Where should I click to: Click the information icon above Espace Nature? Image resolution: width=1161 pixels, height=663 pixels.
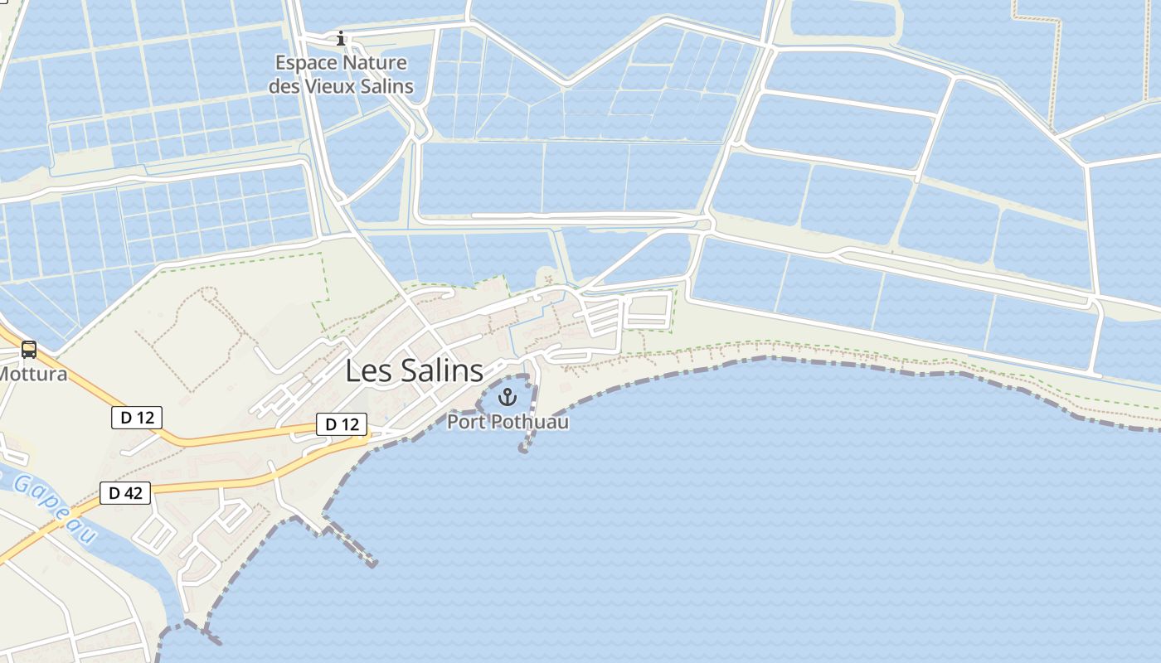(x=340, y=38)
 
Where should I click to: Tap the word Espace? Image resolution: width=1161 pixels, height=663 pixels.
(x=307, y=63)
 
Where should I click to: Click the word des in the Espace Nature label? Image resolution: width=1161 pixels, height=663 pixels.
(x=284, y=85)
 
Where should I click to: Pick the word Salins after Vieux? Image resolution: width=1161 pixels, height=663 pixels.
(x=387, y=85)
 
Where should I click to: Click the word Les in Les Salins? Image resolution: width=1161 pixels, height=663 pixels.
(x=366, y=370)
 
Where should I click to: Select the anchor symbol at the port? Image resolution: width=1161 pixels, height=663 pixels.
(x=507, y=398)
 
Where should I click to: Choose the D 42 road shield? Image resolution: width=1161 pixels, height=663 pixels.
(x=125, y=493)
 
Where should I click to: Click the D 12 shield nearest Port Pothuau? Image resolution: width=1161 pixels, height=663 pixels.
(x=342, y=424)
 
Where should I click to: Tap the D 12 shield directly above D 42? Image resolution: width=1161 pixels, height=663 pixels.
(x=137, y=417)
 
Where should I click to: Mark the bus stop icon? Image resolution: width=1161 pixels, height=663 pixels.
(x=29, y=350)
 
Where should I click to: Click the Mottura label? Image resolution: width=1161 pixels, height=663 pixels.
(x=32, y=374)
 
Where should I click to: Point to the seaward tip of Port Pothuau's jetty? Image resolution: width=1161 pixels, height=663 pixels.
(x=522, y=449)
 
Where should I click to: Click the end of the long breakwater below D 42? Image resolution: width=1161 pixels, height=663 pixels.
(x=373, y=564)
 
